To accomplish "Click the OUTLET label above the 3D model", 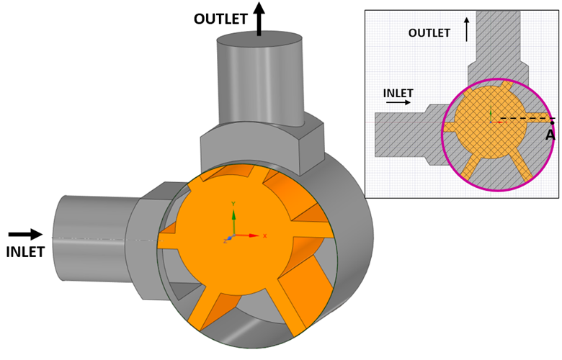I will point(220,19).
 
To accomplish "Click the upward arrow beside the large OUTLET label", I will point(259,18).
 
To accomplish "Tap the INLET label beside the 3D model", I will point(25,252).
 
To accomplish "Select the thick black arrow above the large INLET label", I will point(25,234).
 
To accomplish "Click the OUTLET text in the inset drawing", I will point(429,33).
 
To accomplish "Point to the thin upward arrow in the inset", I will point(466,29).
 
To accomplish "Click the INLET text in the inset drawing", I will point(398,93).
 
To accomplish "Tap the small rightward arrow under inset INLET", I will point(398,103).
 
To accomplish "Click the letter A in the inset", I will point(550,135).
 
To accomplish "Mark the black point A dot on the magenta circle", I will point(551,122).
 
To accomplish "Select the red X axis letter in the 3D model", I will point(265,235).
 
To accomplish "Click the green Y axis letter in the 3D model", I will point(233,204).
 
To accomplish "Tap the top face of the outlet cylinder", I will point(259,40).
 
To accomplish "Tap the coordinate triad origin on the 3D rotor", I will point(232,236).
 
